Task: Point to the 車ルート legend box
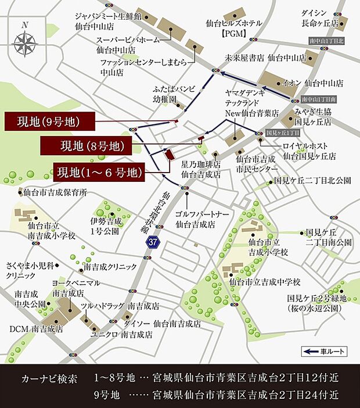(323, 352)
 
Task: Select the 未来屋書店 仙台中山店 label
(265, 58)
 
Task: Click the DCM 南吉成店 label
(36, 329)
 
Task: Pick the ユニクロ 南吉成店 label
(121, 335)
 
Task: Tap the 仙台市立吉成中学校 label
(264, 282)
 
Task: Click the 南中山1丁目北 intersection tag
(326, 42)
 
